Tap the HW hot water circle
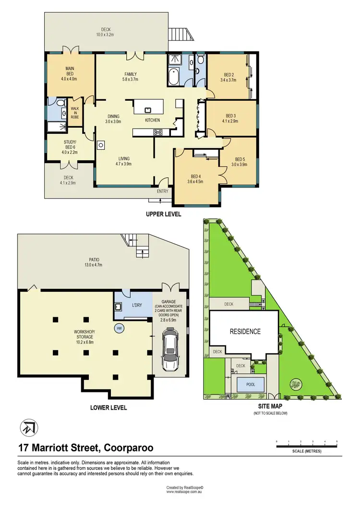[x=119, y=328]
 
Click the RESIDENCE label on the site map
[x=245, y=331]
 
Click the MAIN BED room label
[x=70, y=76]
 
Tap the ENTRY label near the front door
[x=163, y=191]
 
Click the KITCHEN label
[x=153, y=120]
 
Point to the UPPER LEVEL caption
[x=163, y=214]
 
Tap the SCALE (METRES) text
[x=307, y=451]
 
